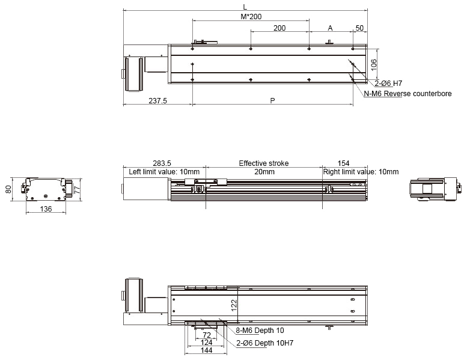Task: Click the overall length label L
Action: [245, 7]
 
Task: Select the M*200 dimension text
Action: [251, 16]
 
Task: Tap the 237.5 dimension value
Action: [157, 101]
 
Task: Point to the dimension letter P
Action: [272, 101]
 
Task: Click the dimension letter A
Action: [330, 28]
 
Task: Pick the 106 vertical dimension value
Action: [373, 65]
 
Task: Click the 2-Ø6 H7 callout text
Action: [388, 84]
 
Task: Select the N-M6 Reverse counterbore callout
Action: [407, 94]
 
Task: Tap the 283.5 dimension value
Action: [162, 163]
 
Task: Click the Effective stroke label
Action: [264, 163]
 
